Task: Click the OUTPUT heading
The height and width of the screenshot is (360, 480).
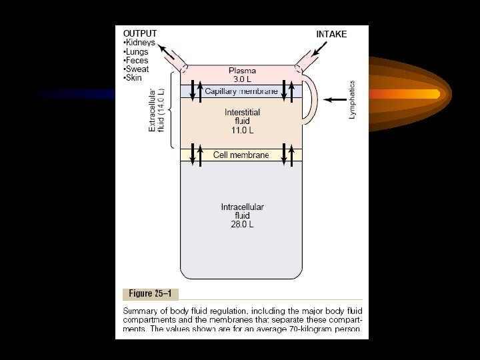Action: (x=140, y=33)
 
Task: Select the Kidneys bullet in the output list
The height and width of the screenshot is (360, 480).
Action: (x=140, y=43)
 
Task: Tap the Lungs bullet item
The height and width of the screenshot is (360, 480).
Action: (x=138, y=51)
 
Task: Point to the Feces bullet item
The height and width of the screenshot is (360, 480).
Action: (x=138, y=60)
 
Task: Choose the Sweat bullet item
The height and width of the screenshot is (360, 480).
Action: (x=138, y=69)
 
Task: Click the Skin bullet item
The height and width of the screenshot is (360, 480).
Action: (x=135, y=77)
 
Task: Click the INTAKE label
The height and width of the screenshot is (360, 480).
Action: (x=331, y=34)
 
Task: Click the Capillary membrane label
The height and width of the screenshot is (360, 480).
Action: (x=241, y=91)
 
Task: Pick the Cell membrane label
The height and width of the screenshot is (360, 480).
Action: (x=241, y=155)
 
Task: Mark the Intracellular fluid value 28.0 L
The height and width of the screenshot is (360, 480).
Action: (x=241, y=225)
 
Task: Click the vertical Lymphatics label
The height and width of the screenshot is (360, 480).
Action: (x=353, y=100)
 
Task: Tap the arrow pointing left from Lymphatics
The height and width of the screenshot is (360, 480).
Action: (x=335, y=99)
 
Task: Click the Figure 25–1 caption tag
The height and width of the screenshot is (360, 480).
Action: (x=151, y=293)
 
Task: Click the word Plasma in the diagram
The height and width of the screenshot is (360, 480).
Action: (x=241, y=70)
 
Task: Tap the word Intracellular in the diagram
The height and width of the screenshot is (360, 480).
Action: (x=242, y=207)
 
